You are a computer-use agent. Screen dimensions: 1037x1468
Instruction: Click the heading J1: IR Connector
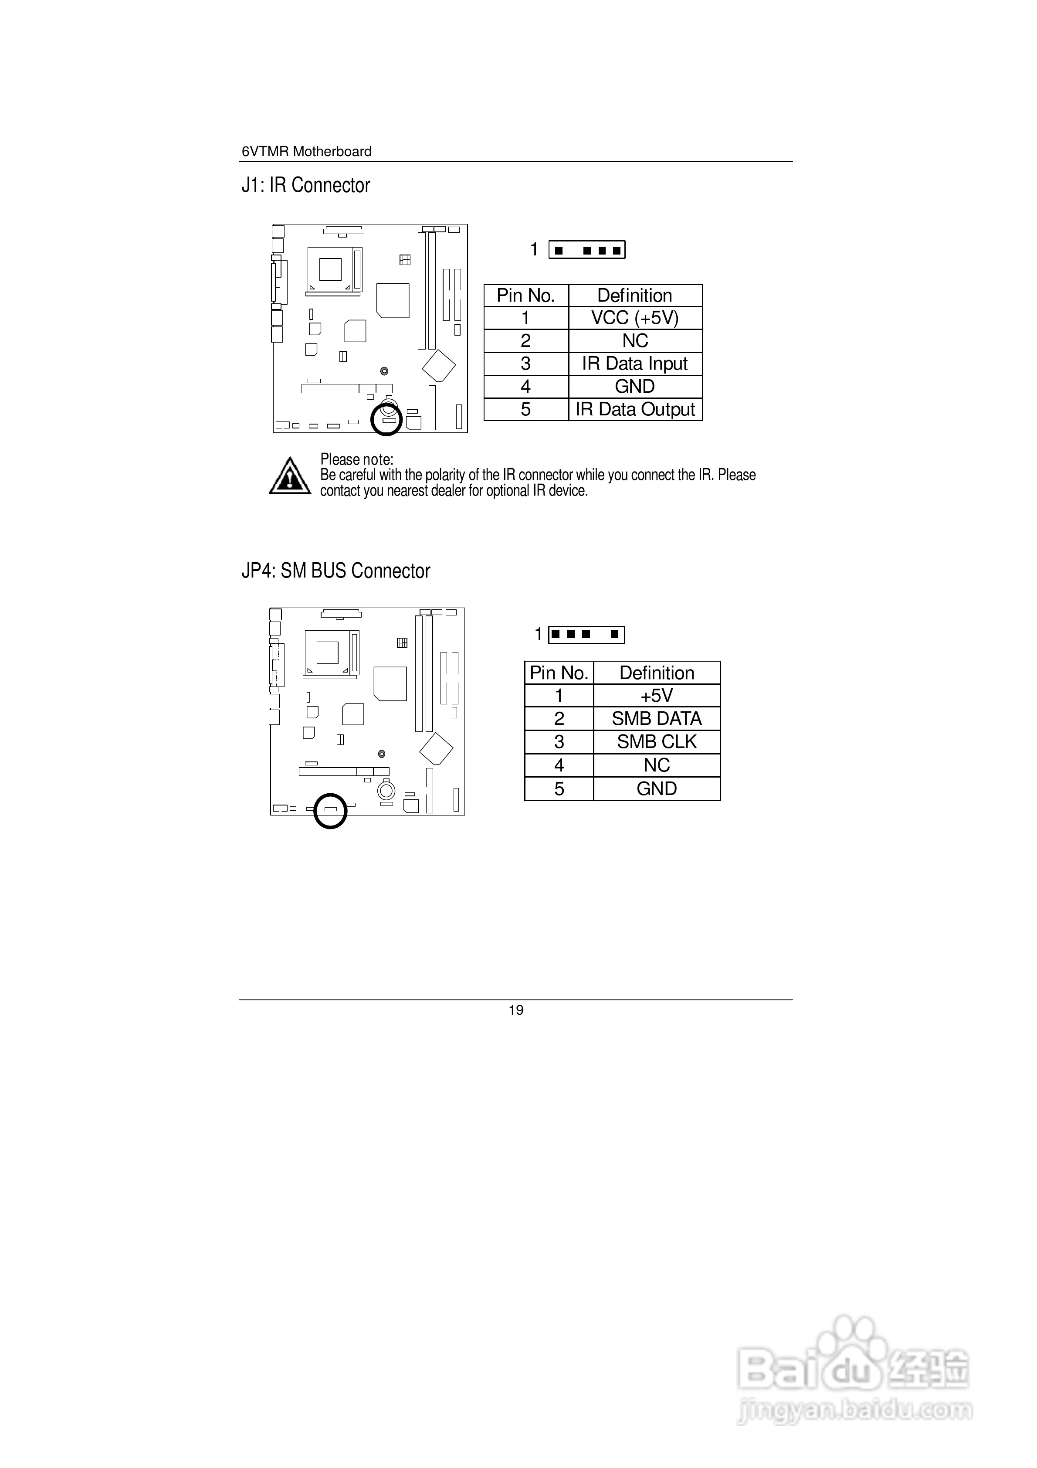pos(305,185)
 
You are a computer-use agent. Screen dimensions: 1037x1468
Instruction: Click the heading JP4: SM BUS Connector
pos(335,571)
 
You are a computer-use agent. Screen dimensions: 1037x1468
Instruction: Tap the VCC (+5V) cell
pos(635,318)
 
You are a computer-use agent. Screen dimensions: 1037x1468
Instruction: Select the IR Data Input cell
pos(635,364)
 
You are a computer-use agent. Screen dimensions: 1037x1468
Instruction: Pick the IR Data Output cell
pos(635,409)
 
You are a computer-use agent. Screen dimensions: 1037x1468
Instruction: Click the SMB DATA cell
pos(657,719)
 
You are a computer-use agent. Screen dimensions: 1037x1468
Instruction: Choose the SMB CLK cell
pos(657,742)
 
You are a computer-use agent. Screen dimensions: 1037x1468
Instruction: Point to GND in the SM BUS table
pos(657,788)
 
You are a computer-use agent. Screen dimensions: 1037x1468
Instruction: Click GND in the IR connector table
pos(635,386)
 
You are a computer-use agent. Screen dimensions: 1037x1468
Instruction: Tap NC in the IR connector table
pos(635,341)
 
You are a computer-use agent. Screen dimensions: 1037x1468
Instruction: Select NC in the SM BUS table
pos(657,765)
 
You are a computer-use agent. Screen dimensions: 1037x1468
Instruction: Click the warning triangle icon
pos(290,476)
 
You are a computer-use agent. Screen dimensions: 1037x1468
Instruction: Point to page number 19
pos(516,1010)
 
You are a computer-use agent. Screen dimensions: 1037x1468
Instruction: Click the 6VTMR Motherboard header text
pos(306,152)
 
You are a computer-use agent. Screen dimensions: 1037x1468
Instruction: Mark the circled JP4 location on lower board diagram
pos(330,811)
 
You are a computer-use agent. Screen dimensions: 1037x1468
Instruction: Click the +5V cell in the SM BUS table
pos(657,696)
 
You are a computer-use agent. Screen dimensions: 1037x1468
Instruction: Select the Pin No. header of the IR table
pos(525,296)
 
